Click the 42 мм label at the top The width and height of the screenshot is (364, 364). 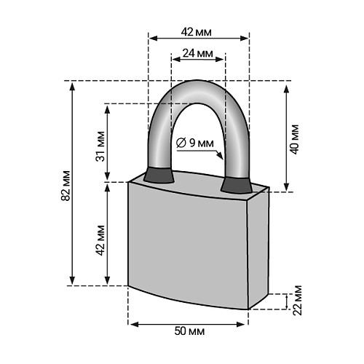click(x=198, y=32)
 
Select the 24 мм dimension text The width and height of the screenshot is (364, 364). click(x=197, y=54)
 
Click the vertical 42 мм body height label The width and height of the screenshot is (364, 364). click(x=100, y=234)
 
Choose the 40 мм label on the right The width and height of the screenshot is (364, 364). click(x=294, y=137)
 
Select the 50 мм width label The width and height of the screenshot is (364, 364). click(x=189, y=331)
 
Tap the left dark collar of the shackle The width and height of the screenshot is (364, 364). click(x=157, y=175)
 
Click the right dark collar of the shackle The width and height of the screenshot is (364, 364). click(x=235, y=184)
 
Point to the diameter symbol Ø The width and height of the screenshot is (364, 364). click(x=181, y=143)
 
